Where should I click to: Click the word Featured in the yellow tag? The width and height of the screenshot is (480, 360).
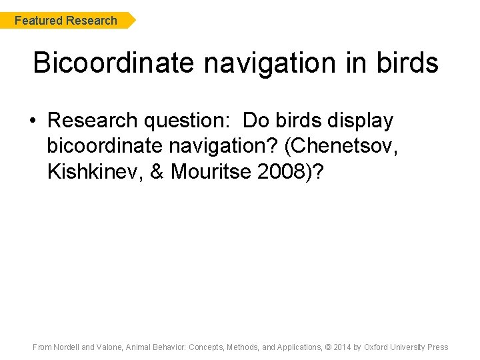tap(38, 21)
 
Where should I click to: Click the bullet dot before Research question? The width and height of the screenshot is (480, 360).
tap(32, 121)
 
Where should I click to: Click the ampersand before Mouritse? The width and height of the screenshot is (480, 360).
tap(157, 171)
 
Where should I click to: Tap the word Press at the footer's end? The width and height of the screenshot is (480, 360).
tap(437, 347)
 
